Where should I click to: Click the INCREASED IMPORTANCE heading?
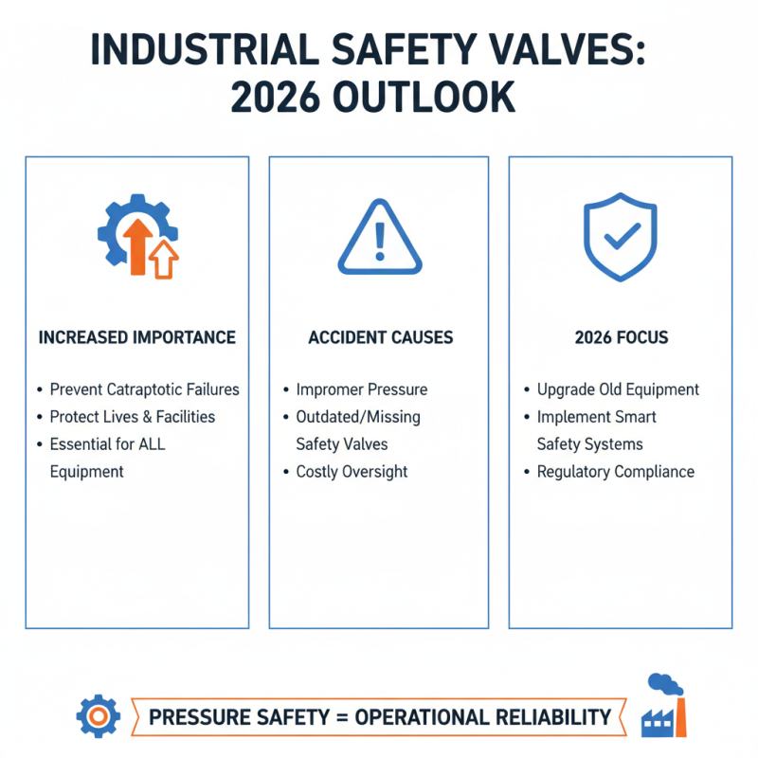pyautogui.click(x=137, y=338)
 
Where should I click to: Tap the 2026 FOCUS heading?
pyautogui.click(x=620, y=338)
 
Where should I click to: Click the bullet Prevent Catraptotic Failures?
pyautogui.click(x=144, y=389)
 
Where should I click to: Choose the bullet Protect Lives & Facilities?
pyautogui.click(x=133, y=417)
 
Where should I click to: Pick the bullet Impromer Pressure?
pyautogui.click(x=362, y=389)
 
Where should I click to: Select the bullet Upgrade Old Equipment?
pyautogui.click(x=618, y=389)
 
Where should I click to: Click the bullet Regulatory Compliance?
pyautogui.click(x=616, y=472)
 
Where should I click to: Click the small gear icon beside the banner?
pyautogui.click(x=97, y=716)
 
